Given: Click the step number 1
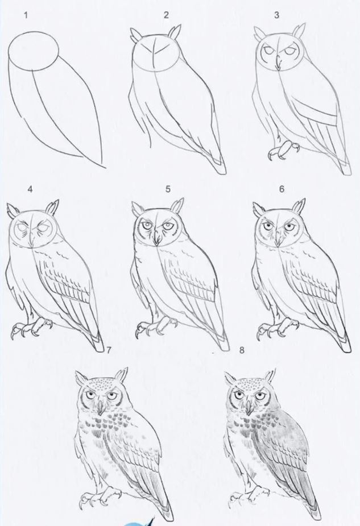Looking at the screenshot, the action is click(26, 15).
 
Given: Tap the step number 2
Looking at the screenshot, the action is click(167, 15).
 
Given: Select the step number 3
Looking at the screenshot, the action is click(276, 15).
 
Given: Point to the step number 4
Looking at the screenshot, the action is click(30, 189).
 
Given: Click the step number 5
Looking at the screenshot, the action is click(168, 189).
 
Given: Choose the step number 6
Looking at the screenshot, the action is click(282, 189).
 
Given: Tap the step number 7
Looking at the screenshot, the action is click(109, 350).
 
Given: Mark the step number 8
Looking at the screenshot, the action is click(242, 350).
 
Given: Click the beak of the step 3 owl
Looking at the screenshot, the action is click(278, 64).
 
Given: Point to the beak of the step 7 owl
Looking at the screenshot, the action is click(100, 408).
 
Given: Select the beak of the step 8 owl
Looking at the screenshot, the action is click(249, 407).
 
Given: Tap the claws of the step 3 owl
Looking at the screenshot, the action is click(283, 150).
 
